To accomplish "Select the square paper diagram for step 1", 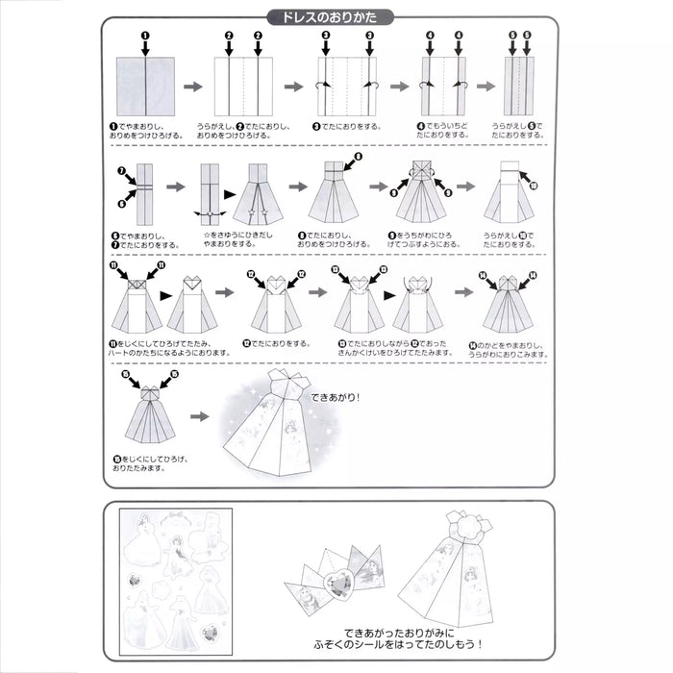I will (144, 85).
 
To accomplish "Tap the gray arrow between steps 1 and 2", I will (193, 87).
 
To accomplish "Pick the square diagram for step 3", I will (346, 86).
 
